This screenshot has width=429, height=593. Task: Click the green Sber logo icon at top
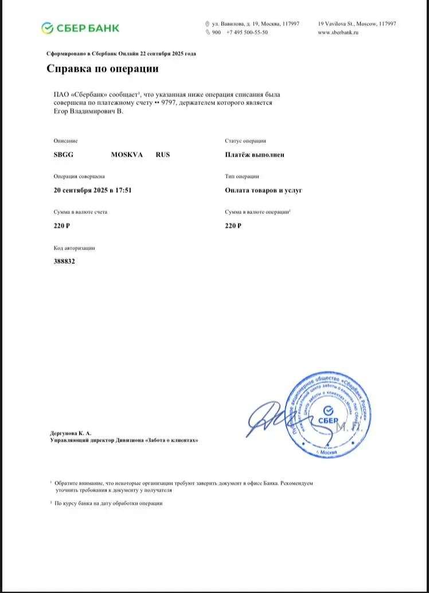(48, 28)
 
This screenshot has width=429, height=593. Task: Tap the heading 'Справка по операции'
(102, 69)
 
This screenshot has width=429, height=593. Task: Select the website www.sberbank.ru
(338, 33)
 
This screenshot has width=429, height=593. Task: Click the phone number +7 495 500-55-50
(247, 33)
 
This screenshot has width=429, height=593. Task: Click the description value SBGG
(63, 155)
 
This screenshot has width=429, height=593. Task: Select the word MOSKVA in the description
(127, 155)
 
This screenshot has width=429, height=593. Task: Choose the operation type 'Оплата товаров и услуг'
(264, 190)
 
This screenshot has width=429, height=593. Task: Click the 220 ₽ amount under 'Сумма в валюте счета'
(61, 226)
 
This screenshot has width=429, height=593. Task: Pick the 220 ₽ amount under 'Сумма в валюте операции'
(233, 226)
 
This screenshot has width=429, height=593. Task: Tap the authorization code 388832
(64, 261)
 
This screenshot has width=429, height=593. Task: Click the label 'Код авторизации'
(74, 248)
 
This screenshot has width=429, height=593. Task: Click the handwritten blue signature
(270, 418)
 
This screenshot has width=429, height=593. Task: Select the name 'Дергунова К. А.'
(71, 432)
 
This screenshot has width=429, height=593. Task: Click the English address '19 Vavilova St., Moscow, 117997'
(357, 24)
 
